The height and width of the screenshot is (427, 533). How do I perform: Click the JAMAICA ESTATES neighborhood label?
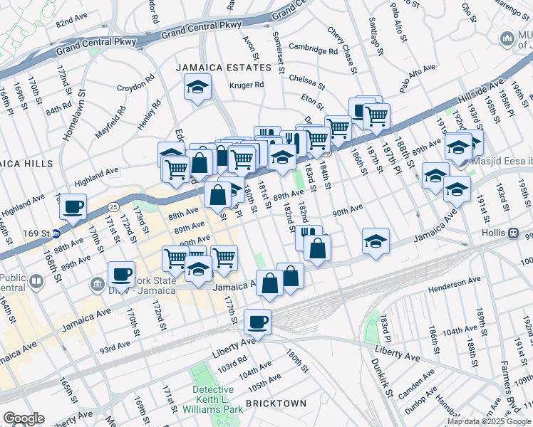[x=224, y=68]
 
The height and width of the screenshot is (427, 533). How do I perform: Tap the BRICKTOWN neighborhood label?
[x=276, y=404]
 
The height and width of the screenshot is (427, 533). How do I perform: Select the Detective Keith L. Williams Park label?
[x=213, y=399]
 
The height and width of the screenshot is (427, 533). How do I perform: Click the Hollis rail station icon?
[x=512, y=233]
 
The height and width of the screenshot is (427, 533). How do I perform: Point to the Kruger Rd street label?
[x=247, y=85]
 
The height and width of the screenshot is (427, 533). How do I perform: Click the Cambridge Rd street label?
[x=313, y=51]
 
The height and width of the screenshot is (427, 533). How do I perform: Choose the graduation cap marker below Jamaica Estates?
[x=197, y=89]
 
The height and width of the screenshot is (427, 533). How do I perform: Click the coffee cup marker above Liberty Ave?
[x=257, y=322]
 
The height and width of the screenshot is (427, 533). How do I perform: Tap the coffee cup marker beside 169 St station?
[x=73, y=207]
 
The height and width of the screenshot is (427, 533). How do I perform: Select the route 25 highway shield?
[x=114, y=206]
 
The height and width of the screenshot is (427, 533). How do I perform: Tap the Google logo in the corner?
[x=24, y=418]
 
